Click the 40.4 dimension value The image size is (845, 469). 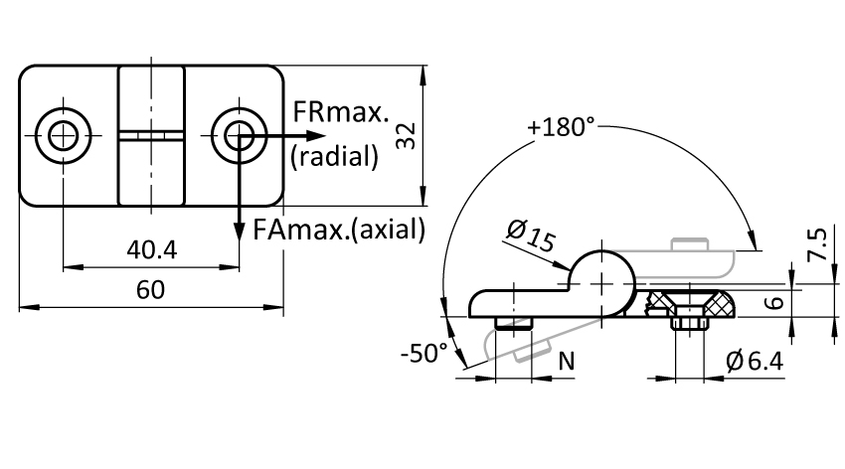pyautogui.click(x=151, y=249)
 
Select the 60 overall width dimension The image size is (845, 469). pyautogui.click(x=150, y=290)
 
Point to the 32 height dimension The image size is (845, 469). pyautogui.click(x=406, y=136)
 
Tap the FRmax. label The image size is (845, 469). pyautogui.click(x=340, y=112)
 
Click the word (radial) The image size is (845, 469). pyautogui.click(x=335, y=157)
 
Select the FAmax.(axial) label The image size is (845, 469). pyautogui.click(x=339, y=230)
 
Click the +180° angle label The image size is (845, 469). pyautogui.click(x=561, y=127)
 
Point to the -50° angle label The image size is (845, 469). pyautogui.click(x=424, y=354)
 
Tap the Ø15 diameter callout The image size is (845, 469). pyautogui.click(x=531, y=235)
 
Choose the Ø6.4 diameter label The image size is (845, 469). pyautogui.click(x=755, y=361)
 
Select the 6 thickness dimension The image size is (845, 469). pyautogui.click(x=774, y=303)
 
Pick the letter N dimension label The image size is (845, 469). pyautogui.click(x=567, y=362)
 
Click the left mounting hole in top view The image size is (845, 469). pyautogui.click(x=63, y=135)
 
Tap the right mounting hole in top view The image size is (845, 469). pyautogui.click(x=239, y=135)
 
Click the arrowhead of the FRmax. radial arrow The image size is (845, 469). pyautogui.click(x=317, y=135)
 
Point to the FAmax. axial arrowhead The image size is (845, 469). pyautogui.click(x=239, y=231)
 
